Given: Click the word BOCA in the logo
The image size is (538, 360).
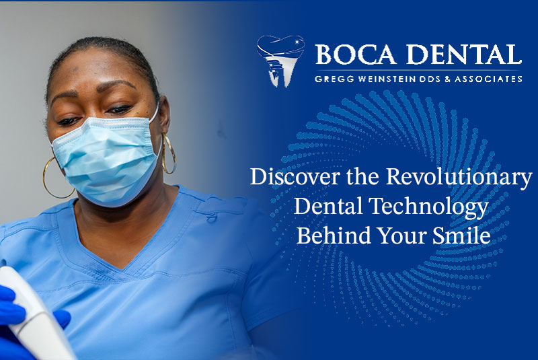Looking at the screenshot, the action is click(x=355, y=55).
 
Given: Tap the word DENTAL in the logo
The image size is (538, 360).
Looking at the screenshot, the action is click(x=464, y=55).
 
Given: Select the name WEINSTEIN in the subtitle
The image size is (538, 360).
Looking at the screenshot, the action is click(x=385, y=79).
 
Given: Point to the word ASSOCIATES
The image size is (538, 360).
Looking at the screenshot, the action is click(x=489, y=79).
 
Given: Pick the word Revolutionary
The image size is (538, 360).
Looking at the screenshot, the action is click(x=459, y=178).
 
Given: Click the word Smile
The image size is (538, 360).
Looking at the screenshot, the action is click(x=461, y=236).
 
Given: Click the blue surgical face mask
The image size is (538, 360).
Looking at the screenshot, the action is click(x=106, y=158).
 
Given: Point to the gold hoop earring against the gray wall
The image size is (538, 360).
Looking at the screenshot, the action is click(x=169, y=153).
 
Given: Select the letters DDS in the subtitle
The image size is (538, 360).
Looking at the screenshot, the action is click(x=430, y=79).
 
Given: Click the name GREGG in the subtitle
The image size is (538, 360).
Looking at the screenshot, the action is click(x=334, y=79).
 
